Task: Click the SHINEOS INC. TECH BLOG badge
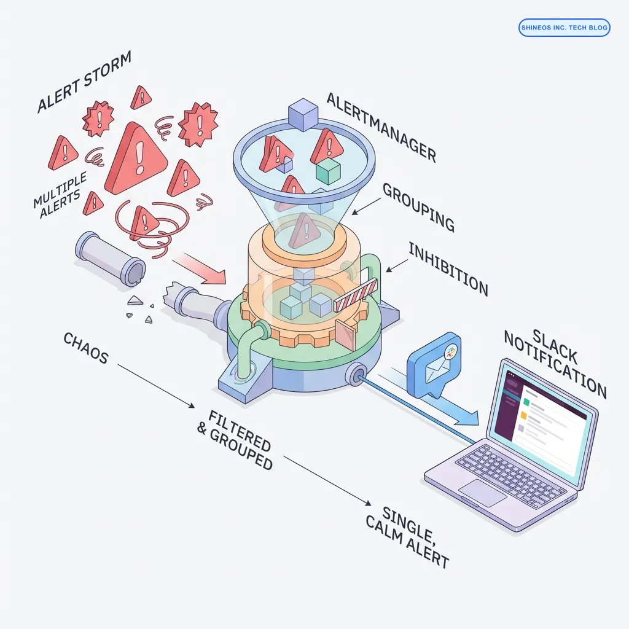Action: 564,28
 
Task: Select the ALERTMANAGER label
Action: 381,127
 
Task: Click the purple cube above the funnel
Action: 303,114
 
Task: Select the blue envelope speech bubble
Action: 437,362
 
